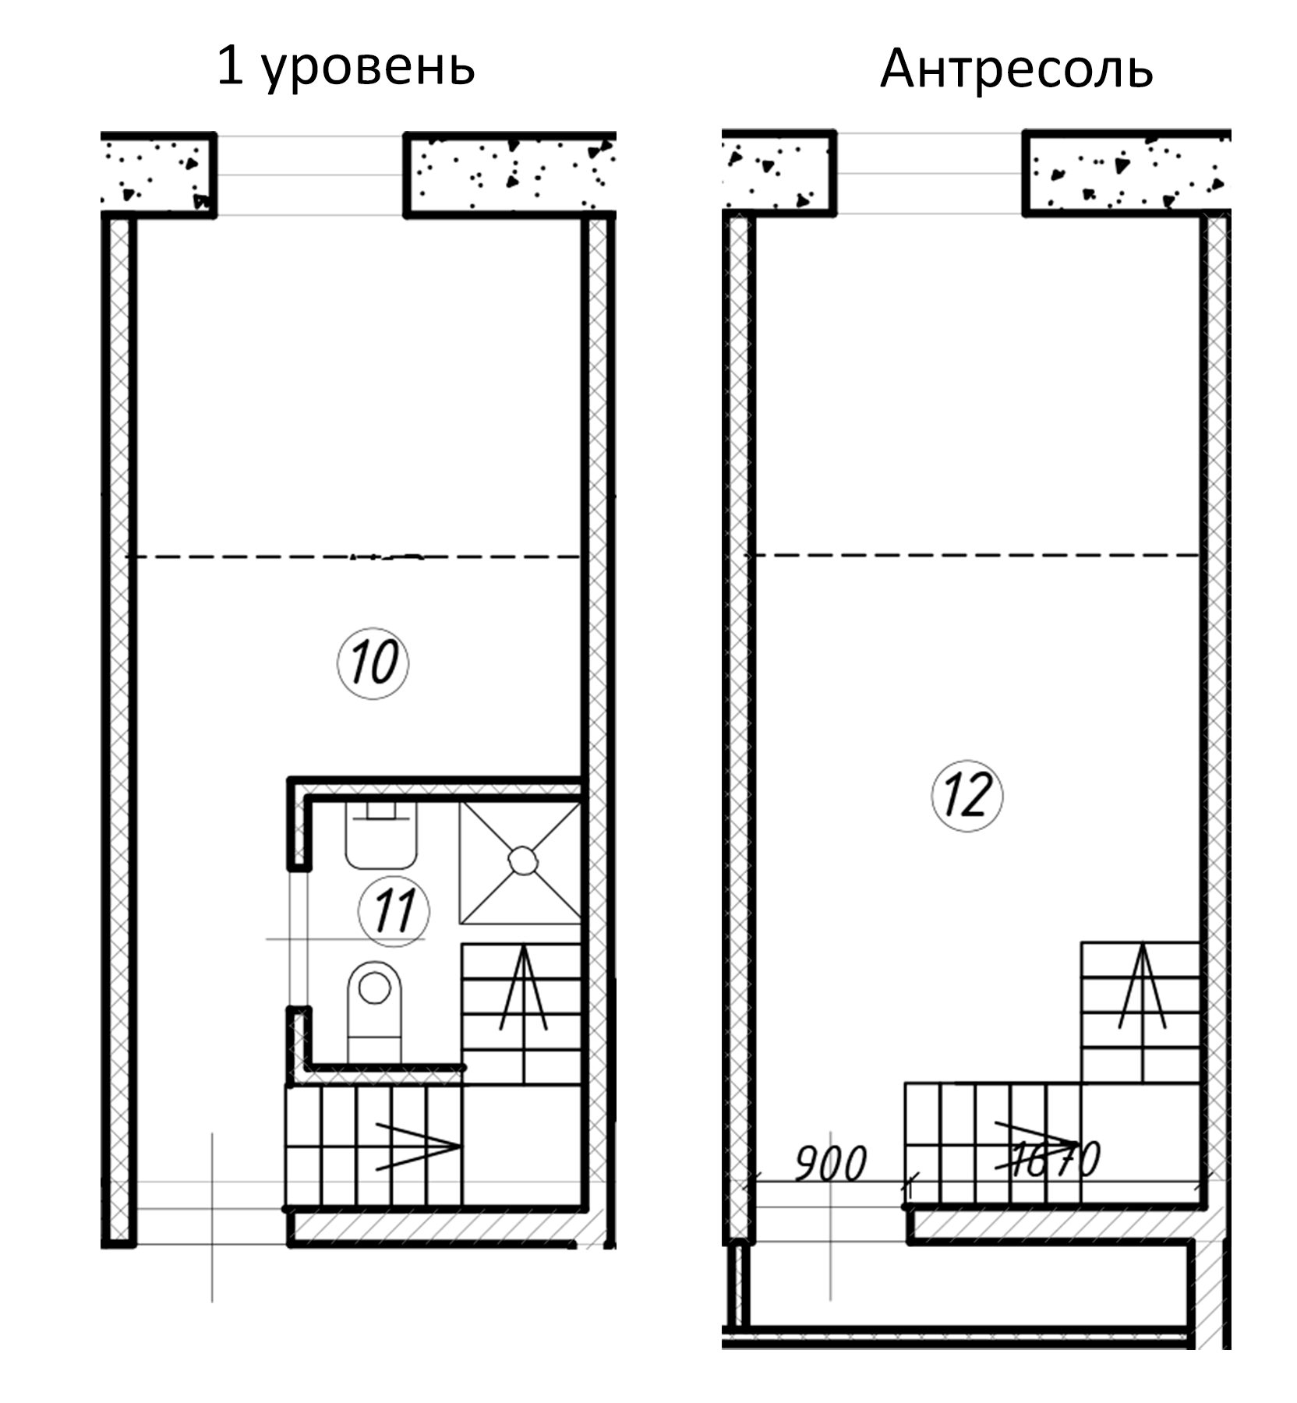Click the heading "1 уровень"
point(345,67)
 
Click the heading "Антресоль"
point(1016,70)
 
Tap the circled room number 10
point(373,663)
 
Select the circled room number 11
point(394,910)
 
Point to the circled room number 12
point(967,796)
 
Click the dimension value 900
point(830,1164)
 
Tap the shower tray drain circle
point(521,861)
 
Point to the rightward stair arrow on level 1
point(417,1147)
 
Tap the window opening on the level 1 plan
point(310,175)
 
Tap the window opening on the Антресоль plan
point(929,173)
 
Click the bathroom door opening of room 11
point(299,938)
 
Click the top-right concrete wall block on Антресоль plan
point(1126,173)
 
